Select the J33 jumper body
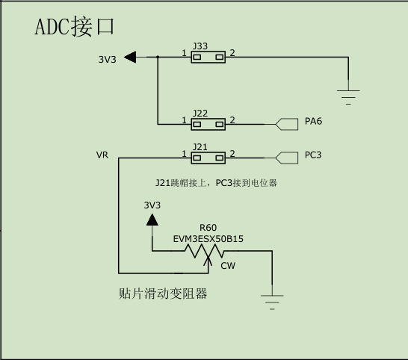point(208,57)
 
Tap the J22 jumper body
point(208,123)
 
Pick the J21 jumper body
point(208,157)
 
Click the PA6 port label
point(313,121)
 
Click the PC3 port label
point(313,155)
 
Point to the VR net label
point(102,155)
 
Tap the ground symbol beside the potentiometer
point(272,301)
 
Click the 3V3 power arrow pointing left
point(130,57)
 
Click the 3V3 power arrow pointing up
point(152,220)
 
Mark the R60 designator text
point(208,228)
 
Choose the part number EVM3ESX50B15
point(208,239)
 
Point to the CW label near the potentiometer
point(228,264)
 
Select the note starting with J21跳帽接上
point(216,182)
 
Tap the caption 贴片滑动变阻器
point(163,294)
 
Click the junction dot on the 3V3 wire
point(158,57)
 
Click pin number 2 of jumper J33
point(233,53)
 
